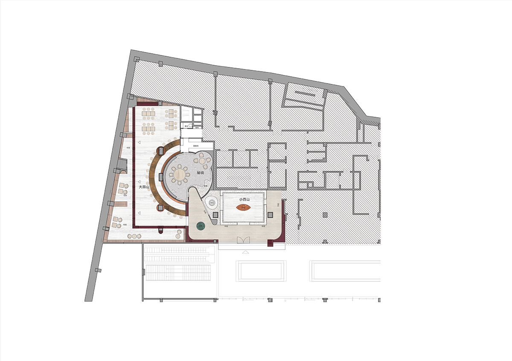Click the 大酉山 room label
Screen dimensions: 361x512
pos(144,187)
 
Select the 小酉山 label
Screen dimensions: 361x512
pos(244,199)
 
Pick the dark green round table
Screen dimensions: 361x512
pos(201,226)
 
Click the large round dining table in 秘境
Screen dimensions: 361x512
pos(179,174)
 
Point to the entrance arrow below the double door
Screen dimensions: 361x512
pos(245,252)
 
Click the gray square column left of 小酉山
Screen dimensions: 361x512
pos(215,214)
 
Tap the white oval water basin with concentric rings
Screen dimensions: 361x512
pos(210,203)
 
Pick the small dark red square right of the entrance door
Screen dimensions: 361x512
pos(270,243)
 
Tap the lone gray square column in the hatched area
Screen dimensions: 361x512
pos(325,214)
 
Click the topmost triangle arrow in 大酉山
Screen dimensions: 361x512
pos(139,142)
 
